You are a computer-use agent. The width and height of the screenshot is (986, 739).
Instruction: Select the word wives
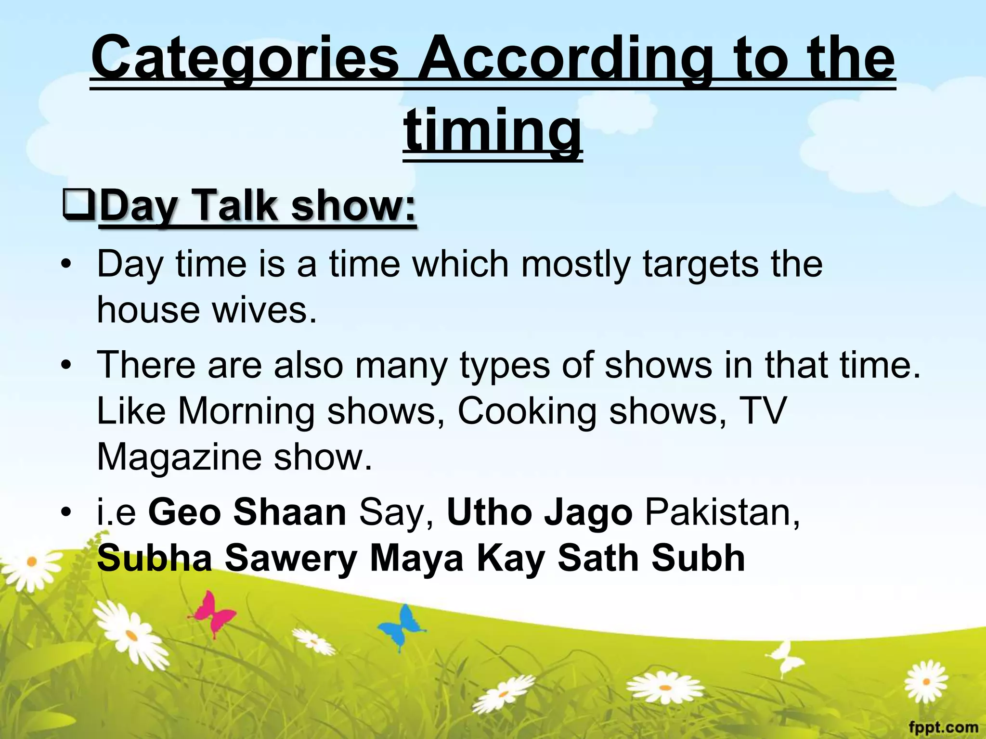coord(264,310)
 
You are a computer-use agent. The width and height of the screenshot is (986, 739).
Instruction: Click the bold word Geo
coord(185,512)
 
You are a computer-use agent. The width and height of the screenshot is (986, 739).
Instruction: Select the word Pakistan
coord(722,512)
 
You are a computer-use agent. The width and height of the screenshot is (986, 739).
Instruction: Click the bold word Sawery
coord(291,559)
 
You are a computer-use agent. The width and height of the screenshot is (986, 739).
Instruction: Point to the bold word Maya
coord(417,559)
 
